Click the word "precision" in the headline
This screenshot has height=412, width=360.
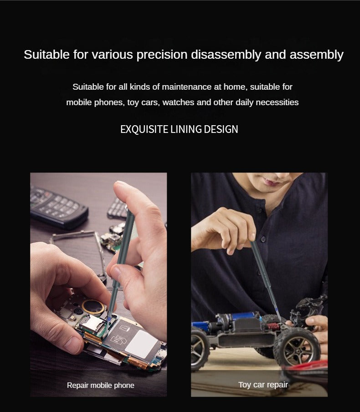coord(162,55)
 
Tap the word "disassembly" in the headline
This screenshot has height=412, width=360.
coord(226,55)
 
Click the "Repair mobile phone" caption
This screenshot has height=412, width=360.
coord(100,385)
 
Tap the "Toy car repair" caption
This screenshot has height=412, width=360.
coord(263,385)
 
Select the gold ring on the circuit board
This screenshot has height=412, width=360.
coord(93,307)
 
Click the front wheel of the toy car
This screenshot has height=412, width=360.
coord(297,347)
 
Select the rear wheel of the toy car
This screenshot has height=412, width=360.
coord(200,349)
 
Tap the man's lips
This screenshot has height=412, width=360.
coord(271,182)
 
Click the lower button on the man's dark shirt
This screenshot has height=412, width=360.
coord(263,239)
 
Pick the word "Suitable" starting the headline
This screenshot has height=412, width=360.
coord(46,55)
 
